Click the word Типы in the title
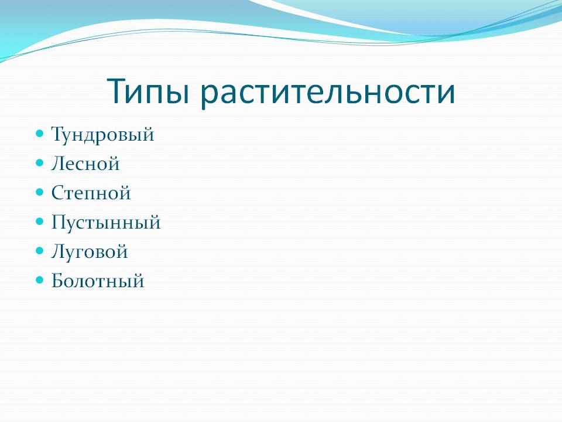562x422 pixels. point(148,92)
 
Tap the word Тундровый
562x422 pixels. point(102,135)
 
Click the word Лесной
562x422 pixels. point(85,164)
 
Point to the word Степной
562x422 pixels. point(91,193)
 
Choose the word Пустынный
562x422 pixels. point(106,222)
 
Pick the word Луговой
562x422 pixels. point(89,251)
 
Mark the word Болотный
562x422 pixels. point(98,281)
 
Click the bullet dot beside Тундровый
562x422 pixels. point(39,134)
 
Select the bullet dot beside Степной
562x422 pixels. point(39,192)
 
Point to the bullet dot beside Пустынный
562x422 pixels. point(39,222)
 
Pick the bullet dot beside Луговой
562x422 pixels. point(39,250)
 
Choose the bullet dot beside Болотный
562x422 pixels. point(39,280)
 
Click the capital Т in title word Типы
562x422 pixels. point(118,91)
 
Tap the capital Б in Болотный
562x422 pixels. point(58,281)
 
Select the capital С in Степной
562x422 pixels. point(58,193)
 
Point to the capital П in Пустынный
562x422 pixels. point(59,222)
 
